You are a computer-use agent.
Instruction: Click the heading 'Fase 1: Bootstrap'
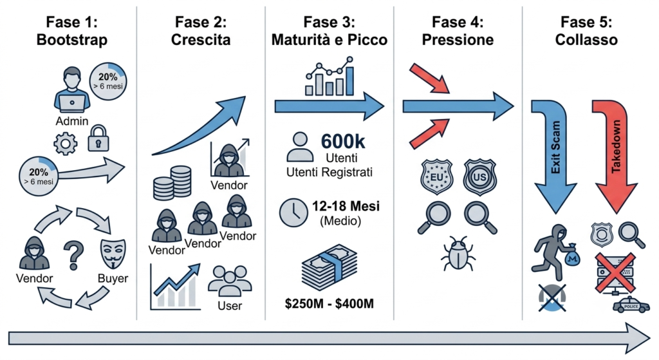coord(72,31)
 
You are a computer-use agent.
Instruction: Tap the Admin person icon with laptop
coord(72,90)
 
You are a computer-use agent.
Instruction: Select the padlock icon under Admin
coord(98,138)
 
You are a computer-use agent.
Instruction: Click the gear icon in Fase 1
coord(66,144)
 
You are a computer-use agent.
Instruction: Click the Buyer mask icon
coord(113,254)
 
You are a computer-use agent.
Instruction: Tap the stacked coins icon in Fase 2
coord(172,182)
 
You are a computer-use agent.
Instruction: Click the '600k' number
coord(343,141)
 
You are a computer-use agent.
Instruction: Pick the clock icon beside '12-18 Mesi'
coord(293,213)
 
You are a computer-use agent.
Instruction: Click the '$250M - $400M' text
coord(329,303)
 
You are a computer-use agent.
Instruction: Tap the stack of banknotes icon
coord(329,267)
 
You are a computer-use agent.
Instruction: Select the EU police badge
coord(437,176)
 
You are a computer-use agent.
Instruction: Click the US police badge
coord(479,176)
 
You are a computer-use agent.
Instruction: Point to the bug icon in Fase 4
coord(458,252)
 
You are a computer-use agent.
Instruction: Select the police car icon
coord(631,305)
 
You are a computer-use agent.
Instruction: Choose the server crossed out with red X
coord(615,273)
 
